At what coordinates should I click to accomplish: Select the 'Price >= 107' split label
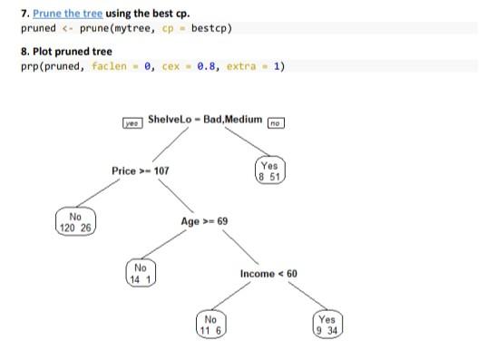click(x=140, y=170)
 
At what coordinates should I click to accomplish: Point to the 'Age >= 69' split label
click(x=204, y=221)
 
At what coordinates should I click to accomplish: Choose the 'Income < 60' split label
click(x=268, y=273)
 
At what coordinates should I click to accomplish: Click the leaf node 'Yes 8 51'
click(x=269, y=171)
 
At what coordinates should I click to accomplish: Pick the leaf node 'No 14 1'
click(x=140, y=273)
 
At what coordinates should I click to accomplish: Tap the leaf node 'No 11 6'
click(x=210, y=325)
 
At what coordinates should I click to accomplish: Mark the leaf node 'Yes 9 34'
click(x=326, y=325)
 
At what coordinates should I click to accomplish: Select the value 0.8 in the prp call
click(x=201, y=66)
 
